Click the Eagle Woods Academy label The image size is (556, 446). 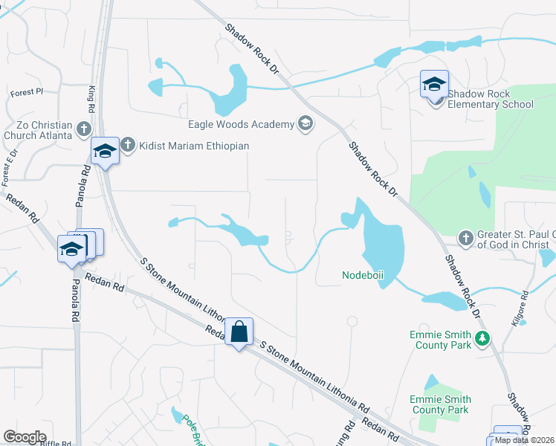tap(241, 124)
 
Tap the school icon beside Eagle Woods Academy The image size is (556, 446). tap(305, 123)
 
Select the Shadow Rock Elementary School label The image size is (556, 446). tap(490, 100)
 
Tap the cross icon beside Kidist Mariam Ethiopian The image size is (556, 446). tap(128, 145)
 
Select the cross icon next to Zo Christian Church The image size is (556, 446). tap(83, 130)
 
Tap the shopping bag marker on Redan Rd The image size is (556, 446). tap(239, 332)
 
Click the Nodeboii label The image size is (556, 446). tap(363, 275)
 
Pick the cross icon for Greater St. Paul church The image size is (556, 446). tap(466, 238)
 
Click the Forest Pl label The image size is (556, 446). tap(28, 92)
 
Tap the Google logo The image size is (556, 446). tap(24, 437)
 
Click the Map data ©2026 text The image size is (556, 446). tap(525, 440)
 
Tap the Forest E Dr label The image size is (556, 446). tap(10, 168)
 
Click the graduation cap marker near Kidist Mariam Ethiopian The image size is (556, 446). tap(106, 152)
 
